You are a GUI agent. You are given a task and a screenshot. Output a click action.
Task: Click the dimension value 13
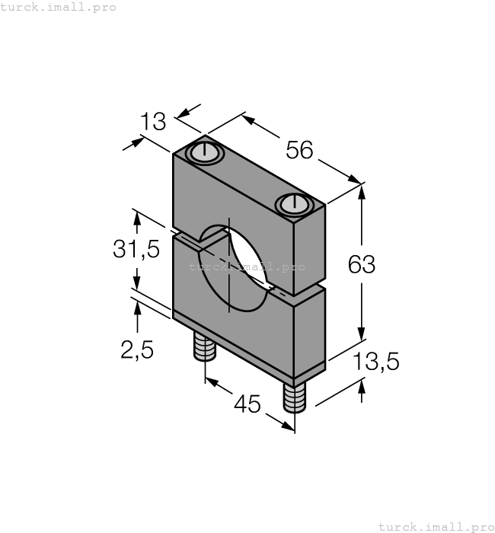[153, 121]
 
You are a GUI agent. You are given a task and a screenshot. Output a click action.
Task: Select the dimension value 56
[299, 150]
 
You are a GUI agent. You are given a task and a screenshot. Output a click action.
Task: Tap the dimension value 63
[362, 264]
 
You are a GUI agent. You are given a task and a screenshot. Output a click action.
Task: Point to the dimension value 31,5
[136, 249]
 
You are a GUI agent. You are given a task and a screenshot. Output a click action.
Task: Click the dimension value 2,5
[137, 349]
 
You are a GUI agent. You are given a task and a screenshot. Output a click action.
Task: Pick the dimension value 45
[247, 404]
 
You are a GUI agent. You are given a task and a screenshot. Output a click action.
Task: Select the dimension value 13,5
[376, 361]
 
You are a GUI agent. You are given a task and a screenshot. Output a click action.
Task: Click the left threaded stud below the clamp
[205, 346]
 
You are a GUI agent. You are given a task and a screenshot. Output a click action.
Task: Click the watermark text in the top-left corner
[58, 7]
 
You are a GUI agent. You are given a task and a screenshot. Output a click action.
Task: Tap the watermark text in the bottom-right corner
[436, 527]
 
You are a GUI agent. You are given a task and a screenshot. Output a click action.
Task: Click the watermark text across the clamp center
[247, 266]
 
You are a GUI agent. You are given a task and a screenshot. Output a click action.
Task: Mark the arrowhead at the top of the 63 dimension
[362, 192]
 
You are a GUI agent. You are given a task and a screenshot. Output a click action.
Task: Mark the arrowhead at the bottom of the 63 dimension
[362, 334]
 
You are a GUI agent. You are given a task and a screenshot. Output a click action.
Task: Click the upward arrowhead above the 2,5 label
[137, 308]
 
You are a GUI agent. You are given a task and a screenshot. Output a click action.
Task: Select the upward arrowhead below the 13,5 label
[362, 387]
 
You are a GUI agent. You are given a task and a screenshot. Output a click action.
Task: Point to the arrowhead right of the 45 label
[288, 426]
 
